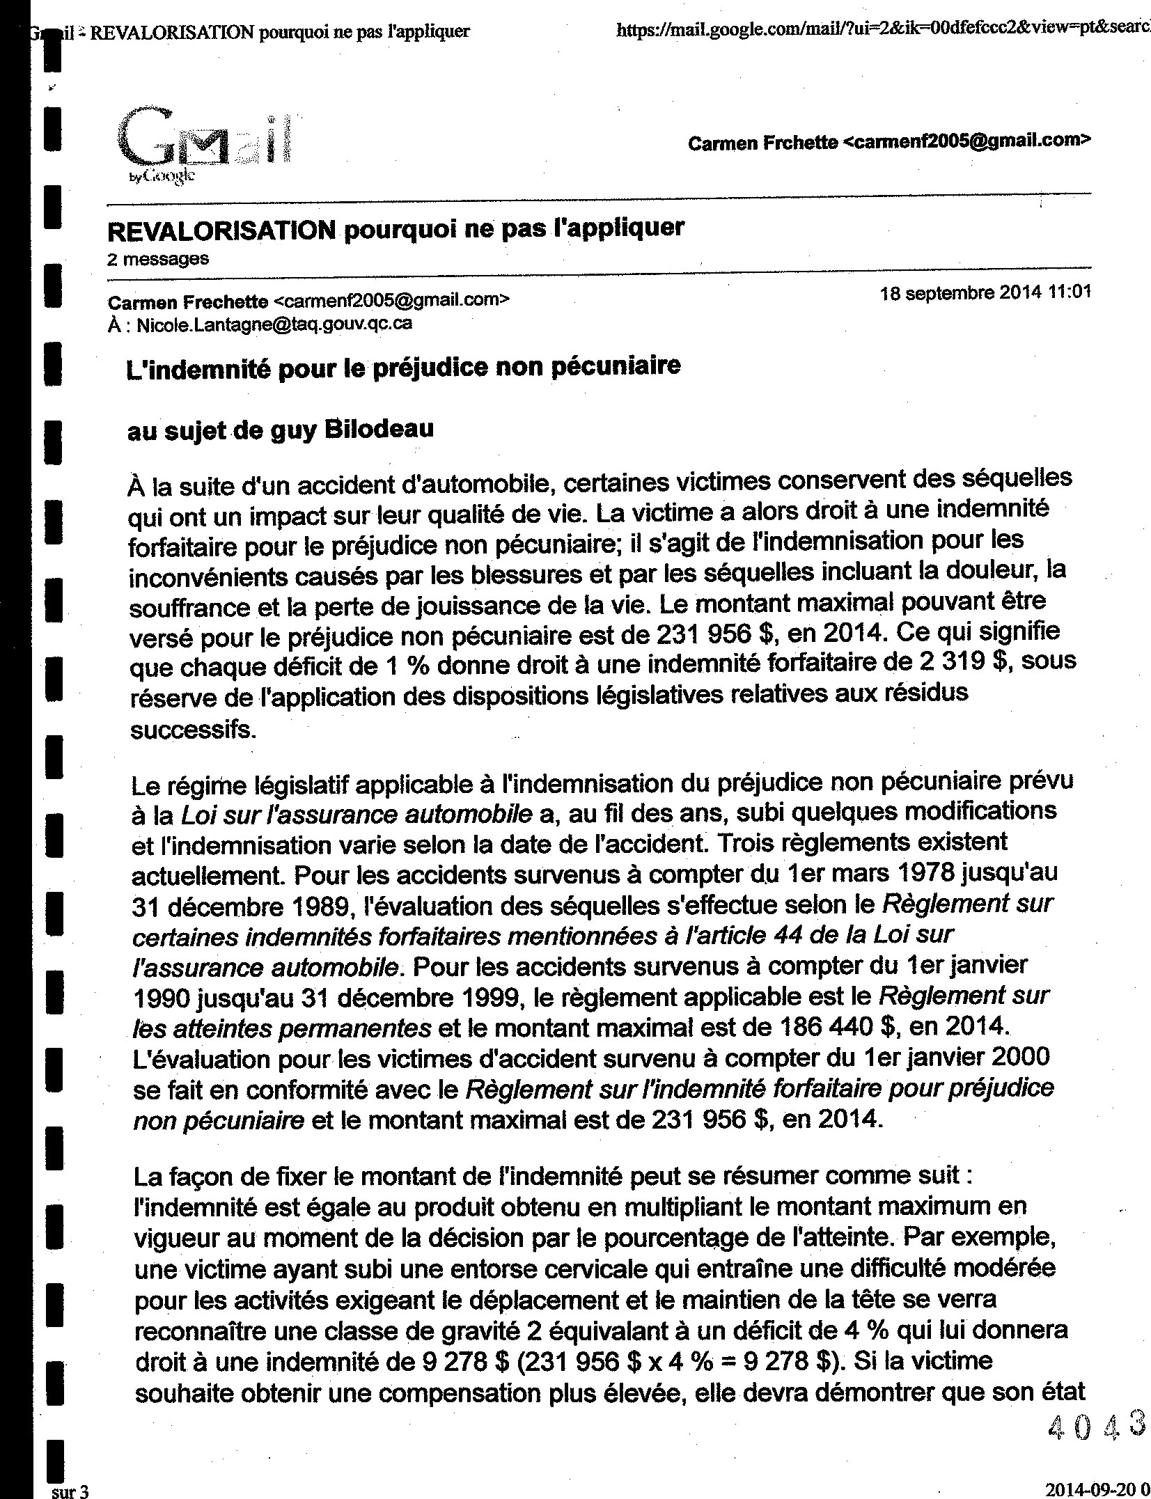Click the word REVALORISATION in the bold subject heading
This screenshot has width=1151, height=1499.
(x=221, y=228)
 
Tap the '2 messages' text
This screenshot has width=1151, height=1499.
(x=158, y=259)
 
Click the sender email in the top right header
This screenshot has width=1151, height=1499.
(x=966, y=142)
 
